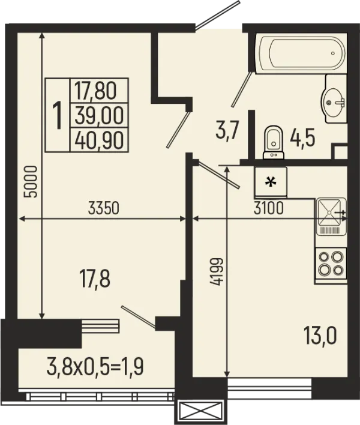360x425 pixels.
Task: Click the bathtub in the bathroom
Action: pyautogui.click(x=301, y=53)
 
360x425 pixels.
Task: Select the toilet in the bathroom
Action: pyautogui.click(x=274, y=142)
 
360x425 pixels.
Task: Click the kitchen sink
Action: pyautogui.click(x=331, y=217)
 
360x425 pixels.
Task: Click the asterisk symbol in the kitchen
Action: pyautogui.click(x=271, y=182)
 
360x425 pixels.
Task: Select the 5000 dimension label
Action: pyautogui.click(x=30, y=182)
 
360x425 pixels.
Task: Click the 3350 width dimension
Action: pyautogui.click(x=104, y=208)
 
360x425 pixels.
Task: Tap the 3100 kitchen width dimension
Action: pyautogui.click(x=268, y=208)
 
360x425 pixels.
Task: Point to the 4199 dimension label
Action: pyautogui.click(x=216, y=271)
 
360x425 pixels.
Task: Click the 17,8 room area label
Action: pyautogui.click(x=95, y=279)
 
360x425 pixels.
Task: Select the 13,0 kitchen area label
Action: pyautogui.click(x=320, y=336)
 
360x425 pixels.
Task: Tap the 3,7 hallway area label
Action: pyautogui.click(x=227, y=130)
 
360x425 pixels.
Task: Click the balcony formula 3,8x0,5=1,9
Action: pyautogui.click(x=95, y=366)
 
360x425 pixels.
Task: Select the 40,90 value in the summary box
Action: pyautogui.click(x=99, y=140)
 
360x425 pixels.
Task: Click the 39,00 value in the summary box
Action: pyautogui.click(x=99, y=115)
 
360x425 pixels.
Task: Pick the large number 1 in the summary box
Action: pyautogui.click(x=58, y=115)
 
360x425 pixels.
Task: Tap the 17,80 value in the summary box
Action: pyautogui.click(x=95, y=90)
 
